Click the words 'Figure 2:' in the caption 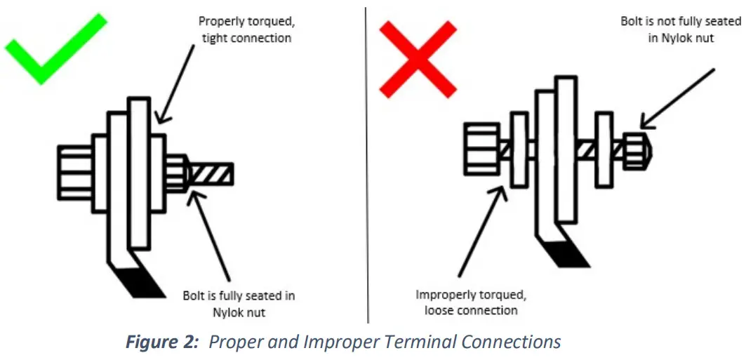point(162,342)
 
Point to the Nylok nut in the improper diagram point(636,150)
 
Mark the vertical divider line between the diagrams point(366,161)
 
